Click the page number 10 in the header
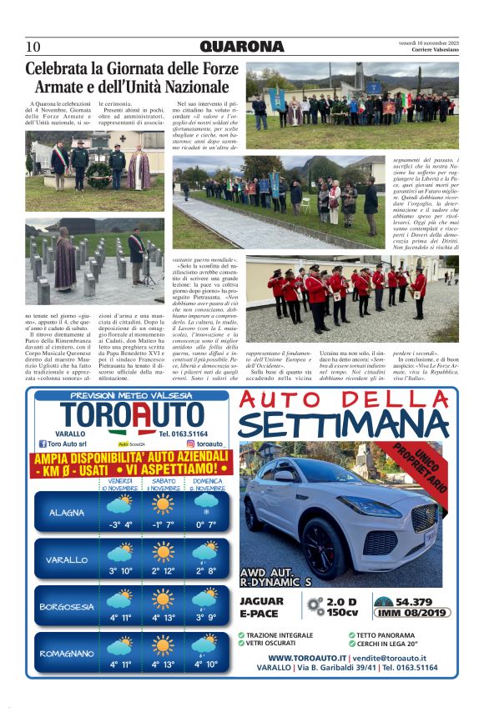pos(33,47)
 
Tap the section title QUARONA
pos(242,47)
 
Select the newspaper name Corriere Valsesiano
pos(433,50)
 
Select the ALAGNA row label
pos(67,513)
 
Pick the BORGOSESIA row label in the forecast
pos(67,607)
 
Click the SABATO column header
pos(162,481)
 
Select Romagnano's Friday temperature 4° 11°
pos(120,664)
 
